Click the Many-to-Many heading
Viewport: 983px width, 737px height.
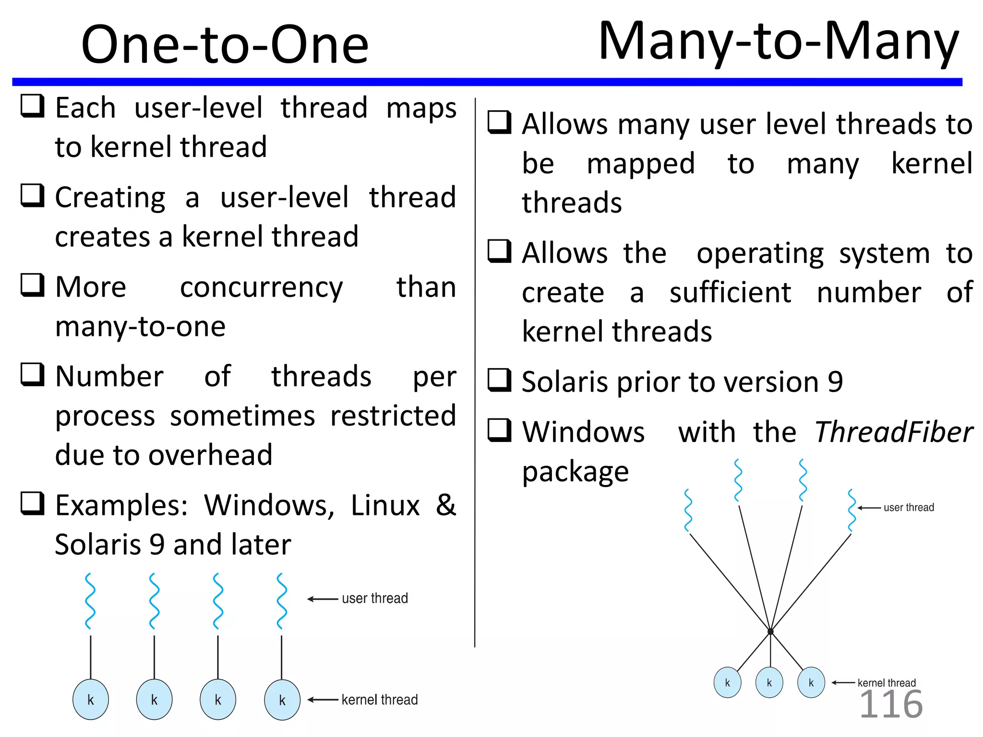tap(778, 42)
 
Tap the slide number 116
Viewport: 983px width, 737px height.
tap(891, 704)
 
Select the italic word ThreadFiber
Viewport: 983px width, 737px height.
tap(894, 432)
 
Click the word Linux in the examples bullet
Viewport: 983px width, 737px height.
tap(385, 505)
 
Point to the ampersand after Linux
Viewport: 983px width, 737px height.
tap(446, 505)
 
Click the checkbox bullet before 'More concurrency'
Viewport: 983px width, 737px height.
tap(33, 285)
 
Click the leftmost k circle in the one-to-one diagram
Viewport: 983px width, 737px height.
tap(91, 700)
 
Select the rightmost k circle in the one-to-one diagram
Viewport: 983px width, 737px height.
tap(282, 700)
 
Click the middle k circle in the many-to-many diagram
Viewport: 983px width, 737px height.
tap(769, 682)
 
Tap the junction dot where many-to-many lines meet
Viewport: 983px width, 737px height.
tap(770, 632)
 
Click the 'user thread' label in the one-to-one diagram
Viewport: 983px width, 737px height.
tap(374, 598)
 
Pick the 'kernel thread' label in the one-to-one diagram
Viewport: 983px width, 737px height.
tap(379, 700)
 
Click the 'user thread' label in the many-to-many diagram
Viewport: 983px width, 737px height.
tap(909, 508)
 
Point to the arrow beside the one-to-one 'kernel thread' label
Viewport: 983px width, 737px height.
tap(323, 700)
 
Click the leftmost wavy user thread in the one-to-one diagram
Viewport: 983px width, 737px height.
tap(90, 601)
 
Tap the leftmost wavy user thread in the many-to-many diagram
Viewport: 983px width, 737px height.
tap(688, 511)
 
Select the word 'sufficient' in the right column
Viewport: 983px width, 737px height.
tap(730, 292)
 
